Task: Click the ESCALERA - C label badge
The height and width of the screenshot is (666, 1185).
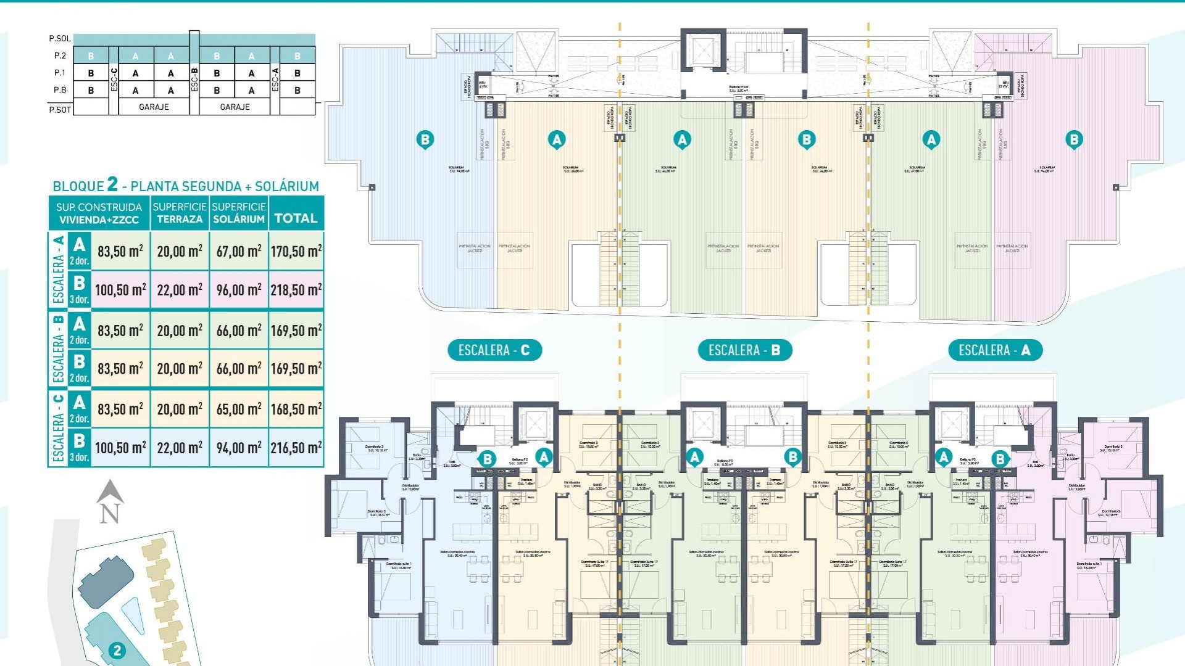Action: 494,350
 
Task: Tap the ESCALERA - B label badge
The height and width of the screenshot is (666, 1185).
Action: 744,350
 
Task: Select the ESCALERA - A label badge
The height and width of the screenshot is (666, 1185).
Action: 994,350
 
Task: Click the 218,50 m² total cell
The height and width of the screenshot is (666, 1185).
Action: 296,290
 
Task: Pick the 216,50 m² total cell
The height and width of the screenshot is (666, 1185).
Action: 296,448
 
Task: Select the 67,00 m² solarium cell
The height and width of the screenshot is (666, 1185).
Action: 239,251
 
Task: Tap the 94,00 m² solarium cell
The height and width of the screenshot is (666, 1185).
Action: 239,448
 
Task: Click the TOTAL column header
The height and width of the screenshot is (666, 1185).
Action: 296,218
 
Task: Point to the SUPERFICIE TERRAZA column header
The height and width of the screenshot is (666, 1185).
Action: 180,213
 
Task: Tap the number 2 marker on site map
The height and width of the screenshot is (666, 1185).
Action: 117,650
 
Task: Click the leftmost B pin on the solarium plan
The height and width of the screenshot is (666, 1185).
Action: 425,139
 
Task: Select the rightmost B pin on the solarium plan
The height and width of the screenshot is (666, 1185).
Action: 1074,139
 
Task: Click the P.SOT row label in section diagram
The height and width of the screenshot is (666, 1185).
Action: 60,109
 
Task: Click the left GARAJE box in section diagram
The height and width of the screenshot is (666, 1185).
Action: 154,107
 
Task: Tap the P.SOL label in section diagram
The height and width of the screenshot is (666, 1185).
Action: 60,38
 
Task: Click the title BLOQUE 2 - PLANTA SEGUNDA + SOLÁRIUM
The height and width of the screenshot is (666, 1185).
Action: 186,185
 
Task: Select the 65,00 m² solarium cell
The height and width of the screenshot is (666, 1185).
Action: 239,409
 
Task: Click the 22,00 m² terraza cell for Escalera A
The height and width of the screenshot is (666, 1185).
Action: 180,290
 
